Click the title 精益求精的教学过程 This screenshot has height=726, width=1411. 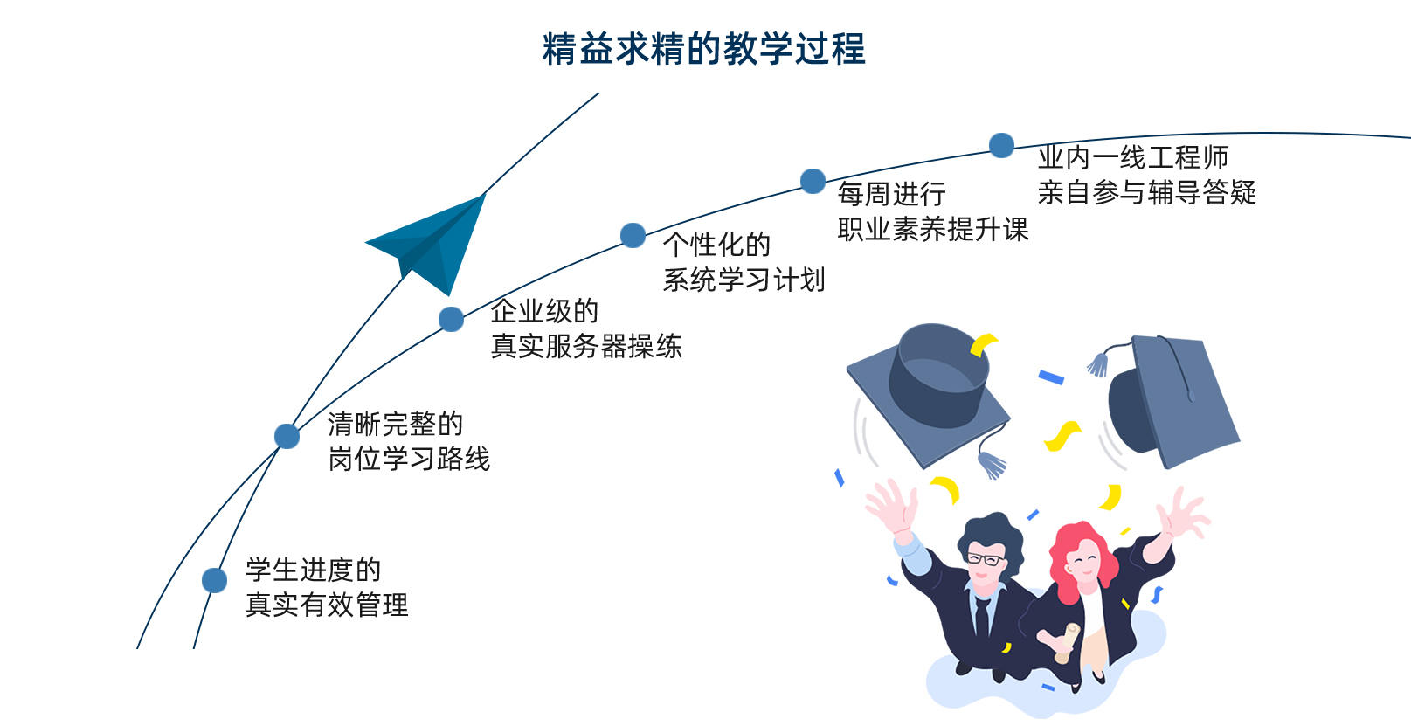(703, 49)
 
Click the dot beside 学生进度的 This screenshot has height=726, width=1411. (214, 580)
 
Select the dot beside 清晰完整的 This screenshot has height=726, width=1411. (287, 436)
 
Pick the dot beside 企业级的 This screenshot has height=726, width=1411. (451, 319)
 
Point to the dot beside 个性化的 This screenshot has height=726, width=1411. (633, 235)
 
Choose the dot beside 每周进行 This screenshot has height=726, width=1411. (813, 181)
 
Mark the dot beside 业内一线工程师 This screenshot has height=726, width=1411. (1001, 145)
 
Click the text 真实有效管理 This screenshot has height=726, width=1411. (327, 605)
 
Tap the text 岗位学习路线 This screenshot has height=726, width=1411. (409, 459)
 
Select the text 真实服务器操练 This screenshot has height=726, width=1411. (585, 346)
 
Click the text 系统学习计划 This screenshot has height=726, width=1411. (744, 280)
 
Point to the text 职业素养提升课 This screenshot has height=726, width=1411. (933, 229)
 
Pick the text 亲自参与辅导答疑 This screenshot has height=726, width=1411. (1146, 192)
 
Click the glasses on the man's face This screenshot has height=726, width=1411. (985, 559)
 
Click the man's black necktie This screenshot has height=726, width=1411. (982, 617)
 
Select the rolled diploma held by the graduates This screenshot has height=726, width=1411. (1067, 643)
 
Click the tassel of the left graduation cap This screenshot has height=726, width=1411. (992, 463)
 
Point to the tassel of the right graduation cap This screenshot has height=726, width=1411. (1098, 363)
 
